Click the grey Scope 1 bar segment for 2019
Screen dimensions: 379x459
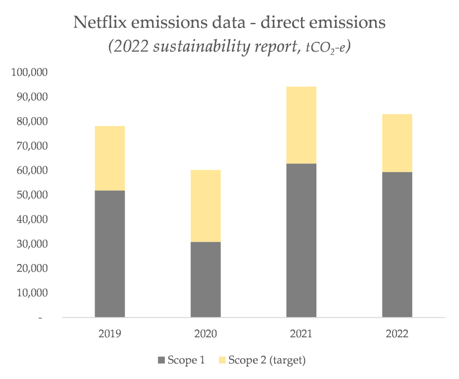[x=110, y=254]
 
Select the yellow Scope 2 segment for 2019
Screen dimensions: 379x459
[x=110, y=158]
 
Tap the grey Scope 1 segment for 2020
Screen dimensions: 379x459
[x=205, y=279]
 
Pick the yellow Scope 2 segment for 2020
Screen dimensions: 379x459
[x=205, y=206]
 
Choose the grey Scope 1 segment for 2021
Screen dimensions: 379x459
[x=301, y=240]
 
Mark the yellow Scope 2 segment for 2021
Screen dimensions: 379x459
[x=301, y=125]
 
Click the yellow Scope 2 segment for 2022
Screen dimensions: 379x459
[x=397, y=143]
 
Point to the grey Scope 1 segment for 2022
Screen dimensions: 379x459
[x=397, y=244]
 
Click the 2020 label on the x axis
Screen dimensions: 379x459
[x=205, y=334]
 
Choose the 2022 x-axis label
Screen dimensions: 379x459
[x=397, y=334]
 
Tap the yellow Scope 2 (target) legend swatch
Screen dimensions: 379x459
[x=222, y=360]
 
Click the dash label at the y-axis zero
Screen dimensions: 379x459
[x=41, y=318]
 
